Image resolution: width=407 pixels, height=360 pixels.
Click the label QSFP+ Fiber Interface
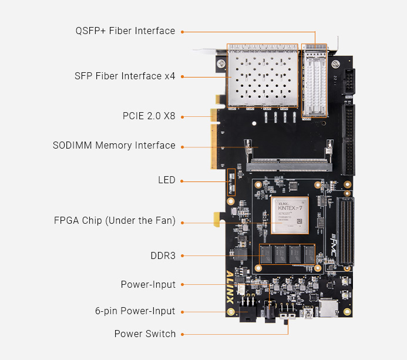tap(125, 31)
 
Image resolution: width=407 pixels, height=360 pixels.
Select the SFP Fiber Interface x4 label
tap(125, 76)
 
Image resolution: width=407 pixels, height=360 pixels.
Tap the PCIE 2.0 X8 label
tap(149, 116)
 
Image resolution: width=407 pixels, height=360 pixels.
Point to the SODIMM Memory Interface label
tap(114, 146)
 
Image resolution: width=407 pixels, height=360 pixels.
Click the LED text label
tap(167, 180)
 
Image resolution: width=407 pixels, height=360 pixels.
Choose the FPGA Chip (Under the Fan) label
tap(115, 221)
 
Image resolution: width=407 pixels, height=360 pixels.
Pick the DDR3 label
tap(163, 256)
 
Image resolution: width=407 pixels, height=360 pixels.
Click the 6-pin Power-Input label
tap(135, 311)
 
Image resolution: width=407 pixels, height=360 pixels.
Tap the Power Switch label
tap(145, 334)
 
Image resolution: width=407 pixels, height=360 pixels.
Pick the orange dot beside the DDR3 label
tap(183, 256)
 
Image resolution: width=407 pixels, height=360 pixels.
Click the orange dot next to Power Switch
tap(183, 334)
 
